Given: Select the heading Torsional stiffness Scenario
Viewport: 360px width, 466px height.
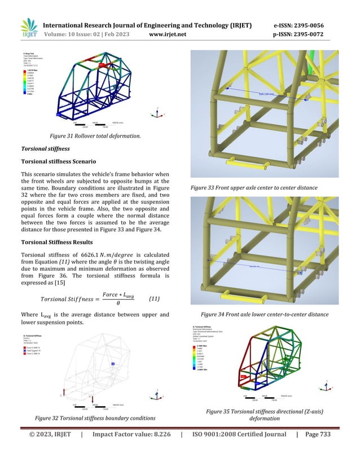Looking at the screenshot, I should (x=65, y=161).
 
